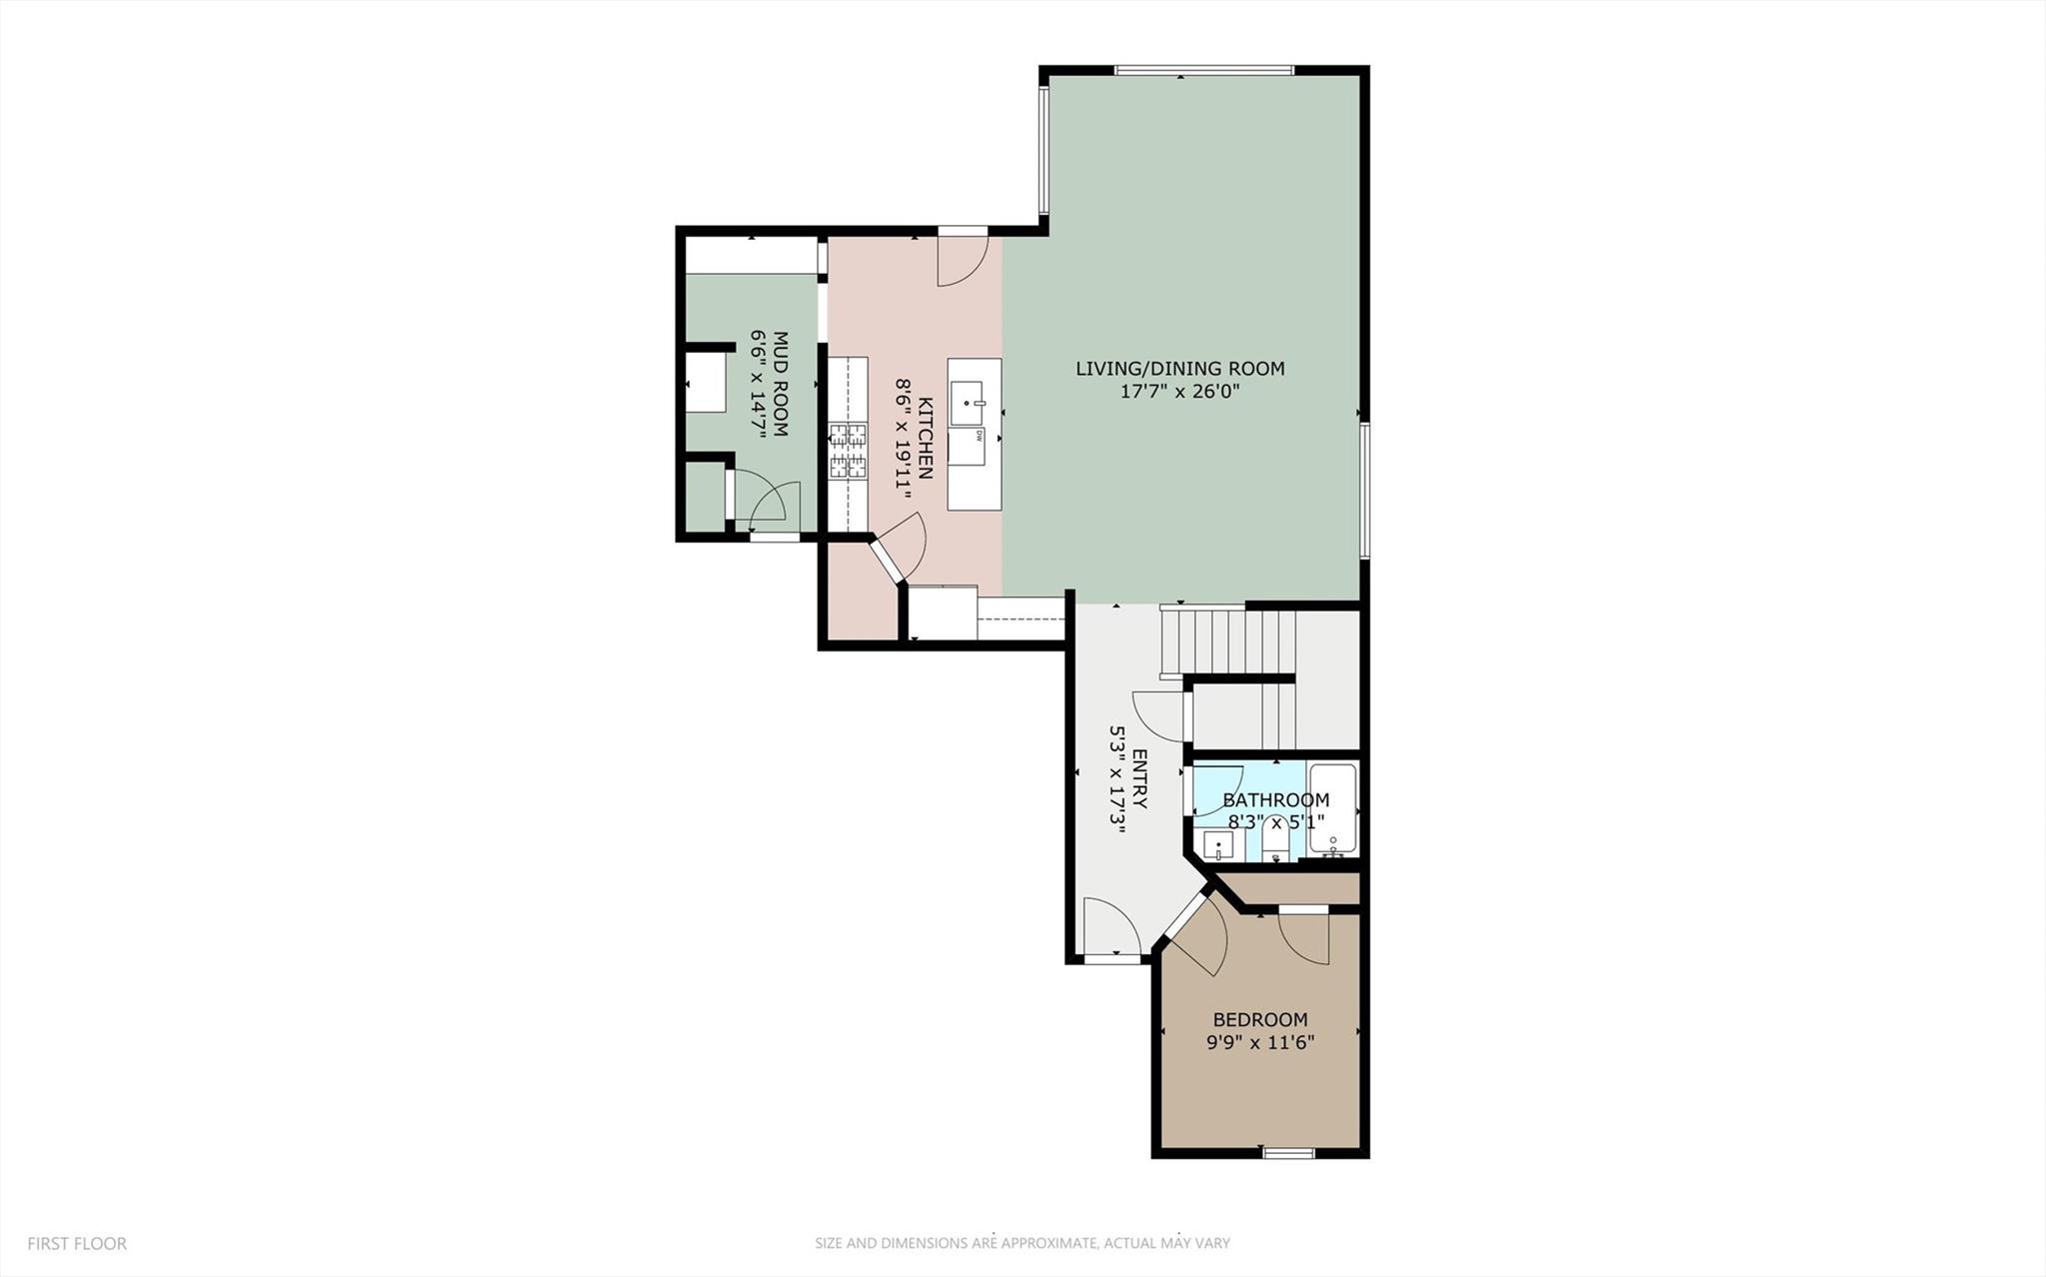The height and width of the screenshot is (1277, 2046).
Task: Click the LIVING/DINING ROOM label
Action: (x=1179, y=369)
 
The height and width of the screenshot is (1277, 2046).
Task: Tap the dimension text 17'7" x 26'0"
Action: (x=1179, y=393)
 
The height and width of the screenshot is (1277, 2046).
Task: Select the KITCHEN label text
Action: (x=926, y=438)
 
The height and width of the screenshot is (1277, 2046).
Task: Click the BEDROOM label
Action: (x=1259, y=1020)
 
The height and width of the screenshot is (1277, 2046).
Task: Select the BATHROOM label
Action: (x=1275, y=800)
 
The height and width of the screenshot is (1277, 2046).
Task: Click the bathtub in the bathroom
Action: (x=1332, y=809)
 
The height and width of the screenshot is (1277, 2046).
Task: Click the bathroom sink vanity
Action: (x=1217, y=845)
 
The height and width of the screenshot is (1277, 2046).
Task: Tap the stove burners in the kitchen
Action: (x=848, y=451)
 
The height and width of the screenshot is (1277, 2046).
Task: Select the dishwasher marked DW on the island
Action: (x=967, y=446)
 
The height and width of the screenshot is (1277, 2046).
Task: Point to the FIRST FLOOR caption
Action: (x=77, y=1244)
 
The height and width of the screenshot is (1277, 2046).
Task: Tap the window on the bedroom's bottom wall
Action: (x=1287, y=1153)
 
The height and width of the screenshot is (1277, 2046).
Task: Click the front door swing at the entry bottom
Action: (x=1111, y=928)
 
